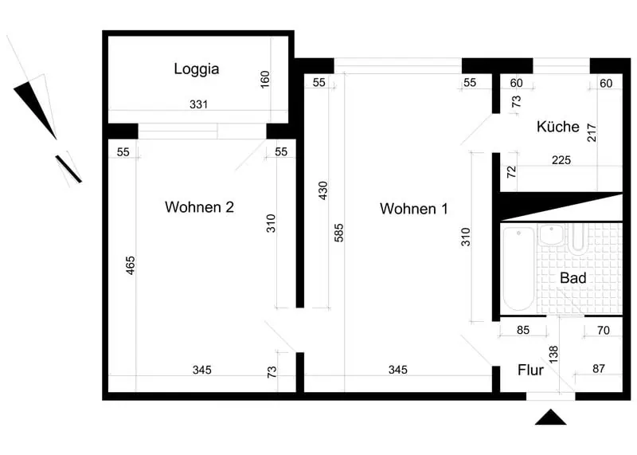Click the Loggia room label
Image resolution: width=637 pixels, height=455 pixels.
coord(197,69)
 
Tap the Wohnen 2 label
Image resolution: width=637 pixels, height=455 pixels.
coord(199,207)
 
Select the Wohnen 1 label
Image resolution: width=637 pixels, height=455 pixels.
coord(413,209)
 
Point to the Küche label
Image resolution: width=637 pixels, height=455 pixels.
coord(558,127)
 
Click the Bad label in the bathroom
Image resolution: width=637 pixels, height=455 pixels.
coord(573,278)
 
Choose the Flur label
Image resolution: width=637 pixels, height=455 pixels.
coord(530,370)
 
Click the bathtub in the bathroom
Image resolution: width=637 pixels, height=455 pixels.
coord(519,269)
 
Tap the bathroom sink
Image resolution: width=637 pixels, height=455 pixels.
coord(551,235)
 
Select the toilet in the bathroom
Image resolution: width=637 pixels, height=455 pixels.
coord(577,239)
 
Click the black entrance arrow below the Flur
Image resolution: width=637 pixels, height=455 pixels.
coord(550,418)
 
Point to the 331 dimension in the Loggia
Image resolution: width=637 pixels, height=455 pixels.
coord(198,104)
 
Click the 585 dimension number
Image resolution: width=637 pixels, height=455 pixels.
coord(339,233)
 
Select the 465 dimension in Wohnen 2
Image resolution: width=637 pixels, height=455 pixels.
coord(130,265)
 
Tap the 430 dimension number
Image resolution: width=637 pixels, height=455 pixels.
coord(322,190)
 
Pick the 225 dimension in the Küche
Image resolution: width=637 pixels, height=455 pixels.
coord(561,160)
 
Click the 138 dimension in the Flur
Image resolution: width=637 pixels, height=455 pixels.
coord(553,355)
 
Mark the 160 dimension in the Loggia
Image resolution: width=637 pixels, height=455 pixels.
coord(264,80)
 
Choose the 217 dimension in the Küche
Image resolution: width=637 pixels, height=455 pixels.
coord(592,132)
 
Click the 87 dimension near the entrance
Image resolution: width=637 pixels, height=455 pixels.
coord(599,369)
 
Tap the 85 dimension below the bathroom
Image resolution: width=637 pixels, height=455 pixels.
coord(523,330)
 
